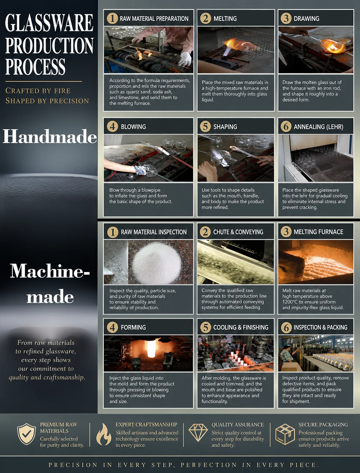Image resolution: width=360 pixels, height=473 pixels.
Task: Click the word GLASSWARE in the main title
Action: click(49, 23)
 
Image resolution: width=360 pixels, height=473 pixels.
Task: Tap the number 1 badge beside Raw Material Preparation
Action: click(112, 18)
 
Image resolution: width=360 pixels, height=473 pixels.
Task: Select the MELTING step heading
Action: click(225, 18)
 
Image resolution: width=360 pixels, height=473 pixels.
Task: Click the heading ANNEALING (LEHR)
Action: click(318, 127)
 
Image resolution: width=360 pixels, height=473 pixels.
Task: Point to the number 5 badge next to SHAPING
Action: click(206, 126)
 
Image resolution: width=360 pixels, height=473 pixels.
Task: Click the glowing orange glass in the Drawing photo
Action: click(332, 46)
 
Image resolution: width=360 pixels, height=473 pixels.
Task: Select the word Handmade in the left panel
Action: click(50, 137)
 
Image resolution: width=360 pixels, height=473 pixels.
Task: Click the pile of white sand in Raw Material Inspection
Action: click(157, 263)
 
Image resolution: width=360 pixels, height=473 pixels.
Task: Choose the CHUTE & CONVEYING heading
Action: click(238, 232)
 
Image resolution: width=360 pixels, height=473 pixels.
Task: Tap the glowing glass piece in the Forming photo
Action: click(152, 348)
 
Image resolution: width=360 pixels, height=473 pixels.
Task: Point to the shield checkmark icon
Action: click(27, 434)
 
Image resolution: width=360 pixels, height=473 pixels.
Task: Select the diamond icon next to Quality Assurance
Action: click(198, 433)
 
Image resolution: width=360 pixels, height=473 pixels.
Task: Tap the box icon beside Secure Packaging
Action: click(285, 434)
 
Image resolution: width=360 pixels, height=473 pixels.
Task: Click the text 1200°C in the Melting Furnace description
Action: click(290, 302)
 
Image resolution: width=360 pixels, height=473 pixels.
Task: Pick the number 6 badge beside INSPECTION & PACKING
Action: click(286, 327)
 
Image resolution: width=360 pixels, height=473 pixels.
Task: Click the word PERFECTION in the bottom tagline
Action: click(209, 465)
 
